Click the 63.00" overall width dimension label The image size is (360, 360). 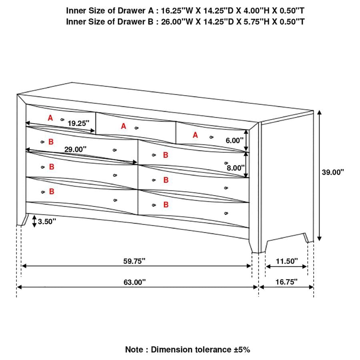[x=134, y=282]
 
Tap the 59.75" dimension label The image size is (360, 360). [x=134, y=261]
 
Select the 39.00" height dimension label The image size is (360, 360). [x=333, y=172]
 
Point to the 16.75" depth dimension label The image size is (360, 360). [x=287, y=282]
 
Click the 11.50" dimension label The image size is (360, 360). [x=287, y=261]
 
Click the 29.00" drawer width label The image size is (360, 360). [x=76, y=149]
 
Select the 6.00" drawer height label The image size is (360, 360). [x=234, y=140]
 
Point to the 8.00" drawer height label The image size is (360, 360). [x=236, y=168]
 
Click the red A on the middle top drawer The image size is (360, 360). [x=124, y=126]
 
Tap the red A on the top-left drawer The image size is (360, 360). [x=50, y=118]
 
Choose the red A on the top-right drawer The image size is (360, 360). [x=195, y=135]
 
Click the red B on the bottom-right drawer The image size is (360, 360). [x=166, y=205]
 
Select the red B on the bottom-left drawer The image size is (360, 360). [x=51, y=192]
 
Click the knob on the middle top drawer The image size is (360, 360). [x=137, y=128]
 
